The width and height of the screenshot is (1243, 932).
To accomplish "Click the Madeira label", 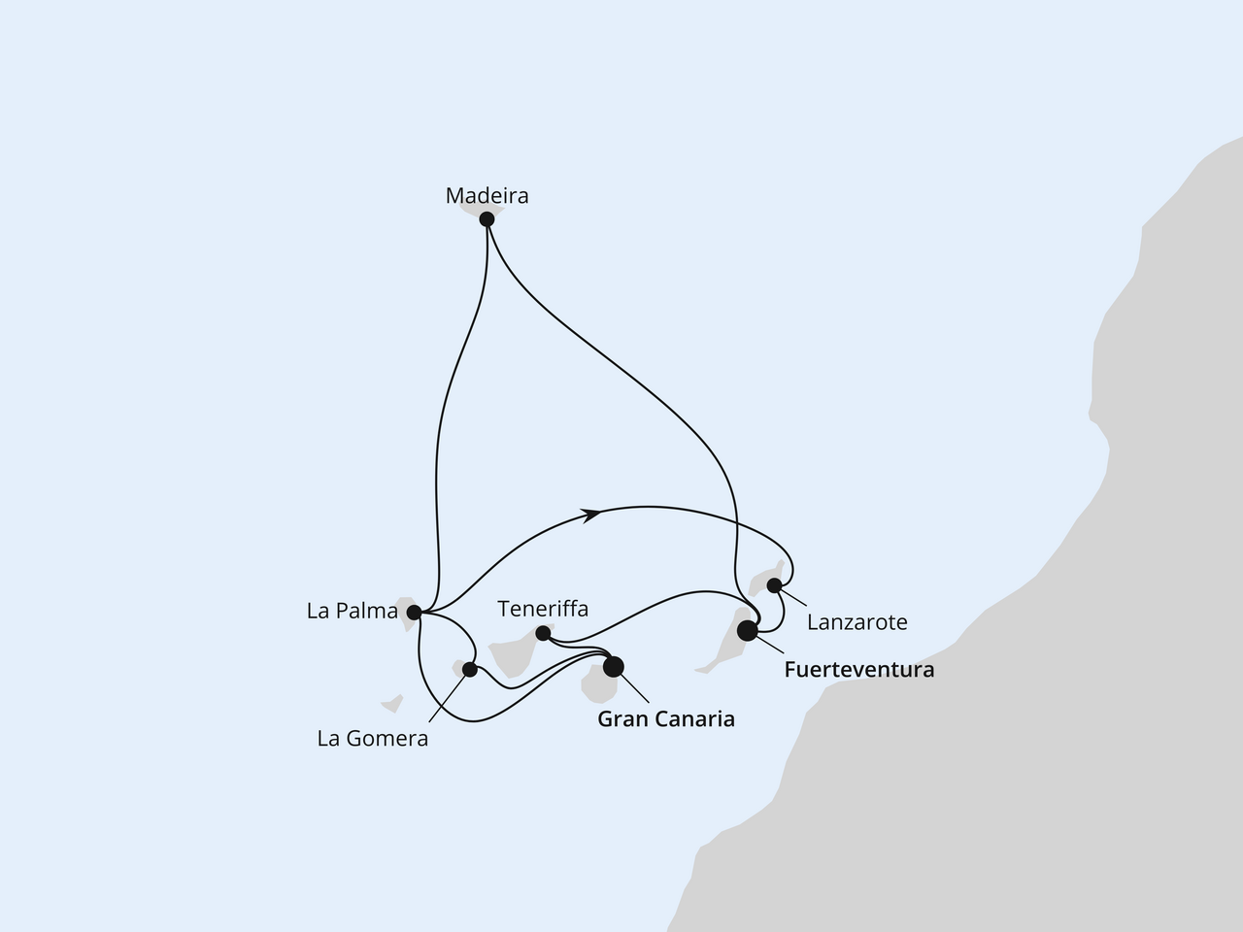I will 487,196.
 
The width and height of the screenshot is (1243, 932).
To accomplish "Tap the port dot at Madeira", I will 487,219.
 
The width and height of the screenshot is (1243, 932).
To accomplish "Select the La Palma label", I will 352,612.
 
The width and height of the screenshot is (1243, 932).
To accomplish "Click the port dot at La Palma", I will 415,613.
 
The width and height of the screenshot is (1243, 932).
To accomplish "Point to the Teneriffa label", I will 543,609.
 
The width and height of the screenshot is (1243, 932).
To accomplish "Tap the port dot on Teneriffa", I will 544,634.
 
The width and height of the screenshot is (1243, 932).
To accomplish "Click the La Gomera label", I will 372,739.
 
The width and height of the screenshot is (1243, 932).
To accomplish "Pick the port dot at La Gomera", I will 470,669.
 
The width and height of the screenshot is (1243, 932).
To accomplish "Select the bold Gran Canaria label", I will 665,719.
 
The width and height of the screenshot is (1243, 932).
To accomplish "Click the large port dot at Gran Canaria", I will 614,667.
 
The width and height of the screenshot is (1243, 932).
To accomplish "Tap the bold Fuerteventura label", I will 858,670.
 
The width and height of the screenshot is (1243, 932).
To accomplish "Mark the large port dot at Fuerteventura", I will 748,631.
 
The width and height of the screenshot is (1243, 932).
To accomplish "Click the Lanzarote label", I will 855,622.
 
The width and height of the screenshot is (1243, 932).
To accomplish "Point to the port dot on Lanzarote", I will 774,584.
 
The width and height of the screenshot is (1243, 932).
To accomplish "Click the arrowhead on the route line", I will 589,515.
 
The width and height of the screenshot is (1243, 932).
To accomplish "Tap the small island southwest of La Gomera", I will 391,702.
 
